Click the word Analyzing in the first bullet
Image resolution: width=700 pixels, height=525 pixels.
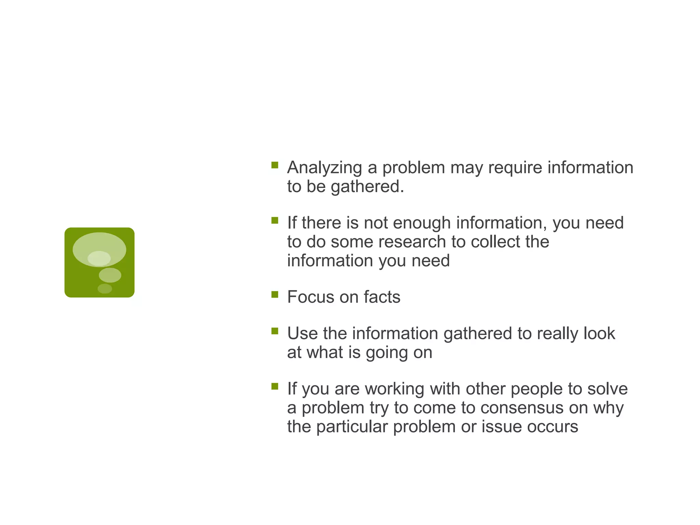point(324,168)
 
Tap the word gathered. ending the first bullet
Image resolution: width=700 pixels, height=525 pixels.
point(367,187)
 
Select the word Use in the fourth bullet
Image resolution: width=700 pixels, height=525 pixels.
point(302,334)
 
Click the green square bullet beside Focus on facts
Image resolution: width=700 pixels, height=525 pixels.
point(275,294)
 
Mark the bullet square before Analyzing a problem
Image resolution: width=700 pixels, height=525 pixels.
point(275,165)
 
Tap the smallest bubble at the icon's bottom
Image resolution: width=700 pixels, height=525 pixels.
point(105,289)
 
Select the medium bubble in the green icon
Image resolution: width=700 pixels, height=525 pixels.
point(110,275)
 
